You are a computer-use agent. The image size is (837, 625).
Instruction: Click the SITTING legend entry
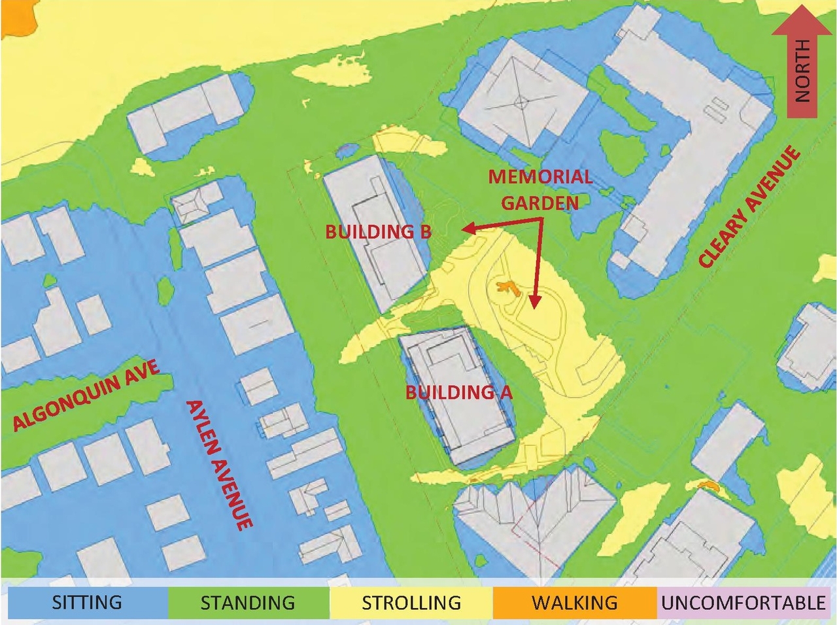[86, 602]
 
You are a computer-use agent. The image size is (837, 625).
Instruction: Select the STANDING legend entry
[248, 602]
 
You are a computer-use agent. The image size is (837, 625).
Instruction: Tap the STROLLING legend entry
[411, 602]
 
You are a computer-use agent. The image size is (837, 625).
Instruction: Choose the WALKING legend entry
[574, 602]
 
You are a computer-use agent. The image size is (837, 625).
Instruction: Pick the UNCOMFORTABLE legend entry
[743, 602]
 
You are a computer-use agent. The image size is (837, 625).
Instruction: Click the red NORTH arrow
[802, 62]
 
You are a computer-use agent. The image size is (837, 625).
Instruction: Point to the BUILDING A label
[458, 392]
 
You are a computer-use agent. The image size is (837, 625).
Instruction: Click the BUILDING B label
[378, 231]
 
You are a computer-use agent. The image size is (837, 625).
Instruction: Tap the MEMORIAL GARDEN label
[540, 190]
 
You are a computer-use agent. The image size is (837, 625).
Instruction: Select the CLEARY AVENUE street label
[749, 207]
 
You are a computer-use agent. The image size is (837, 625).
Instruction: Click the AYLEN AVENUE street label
[219, 464]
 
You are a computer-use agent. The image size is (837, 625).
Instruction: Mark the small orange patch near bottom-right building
[707, 486]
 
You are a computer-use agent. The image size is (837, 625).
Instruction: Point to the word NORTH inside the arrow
[802, 70]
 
